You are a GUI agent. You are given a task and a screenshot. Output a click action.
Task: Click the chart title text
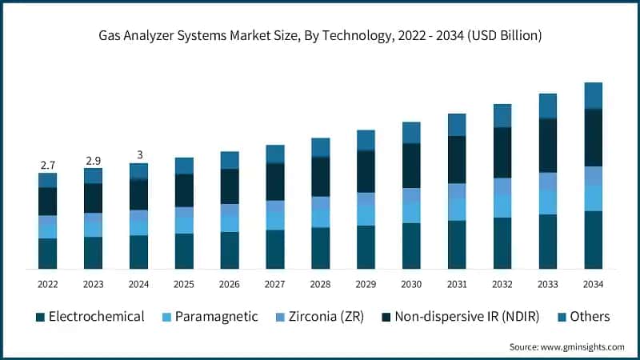(x=320, y=35)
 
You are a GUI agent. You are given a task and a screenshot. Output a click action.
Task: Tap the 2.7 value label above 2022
(x=47, y=165)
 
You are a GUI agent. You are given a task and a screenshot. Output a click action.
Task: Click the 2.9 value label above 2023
(x=93, y=161)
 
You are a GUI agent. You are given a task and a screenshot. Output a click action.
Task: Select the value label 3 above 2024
(x=138, y=155)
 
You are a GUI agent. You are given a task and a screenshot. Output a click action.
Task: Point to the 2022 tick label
(x=47, y=284)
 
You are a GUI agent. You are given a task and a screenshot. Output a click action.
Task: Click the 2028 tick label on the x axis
(x=321, y=284)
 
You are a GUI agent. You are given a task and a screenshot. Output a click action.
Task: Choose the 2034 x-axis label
(x=593, y=284)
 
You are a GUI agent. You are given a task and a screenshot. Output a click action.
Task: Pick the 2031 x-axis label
(x=457, y=284)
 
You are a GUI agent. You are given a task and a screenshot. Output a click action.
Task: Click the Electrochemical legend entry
(x=90, y=317)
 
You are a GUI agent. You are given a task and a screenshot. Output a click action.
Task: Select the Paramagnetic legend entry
(x=210, y=317)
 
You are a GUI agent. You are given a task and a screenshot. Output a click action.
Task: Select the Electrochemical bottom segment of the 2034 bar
(x=593, y=240)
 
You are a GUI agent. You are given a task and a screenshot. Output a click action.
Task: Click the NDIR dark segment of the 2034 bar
(x=593, y=138)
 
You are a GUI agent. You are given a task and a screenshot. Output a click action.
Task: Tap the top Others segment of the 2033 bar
(x=547, y=106)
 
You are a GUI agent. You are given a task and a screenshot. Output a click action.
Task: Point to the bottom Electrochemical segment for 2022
(x=47, y=253)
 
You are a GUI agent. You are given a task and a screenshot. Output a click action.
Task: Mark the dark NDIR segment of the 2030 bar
(x=411, y=166)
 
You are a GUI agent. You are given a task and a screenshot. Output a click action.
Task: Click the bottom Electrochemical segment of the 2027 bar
(x=275, y=249)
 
